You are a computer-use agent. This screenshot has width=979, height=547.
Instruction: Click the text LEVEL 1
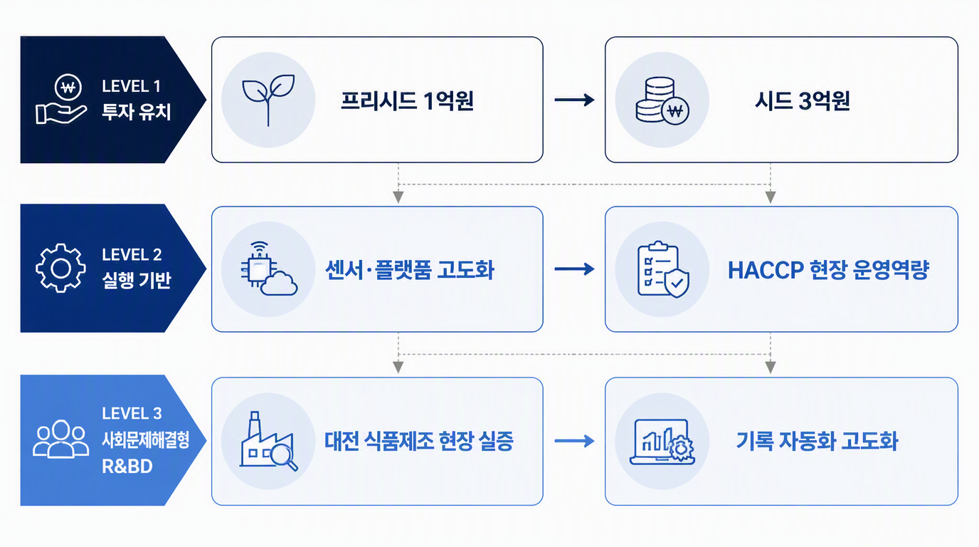131,86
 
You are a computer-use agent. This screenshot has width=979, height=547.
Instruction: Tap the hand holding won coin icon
61,99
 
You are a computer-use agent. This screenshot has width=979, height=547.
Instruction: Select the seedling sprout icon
268,100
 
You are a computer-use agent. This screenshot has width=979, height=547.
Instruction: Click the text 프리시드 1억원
408,100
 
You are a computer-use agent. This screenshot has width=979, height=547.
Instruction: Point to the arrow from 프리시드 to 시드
574,100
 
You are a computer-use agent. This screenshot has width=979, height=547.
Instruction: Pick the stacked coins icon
662,100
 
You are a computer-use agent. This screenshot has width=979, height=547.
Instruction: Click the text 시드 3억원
803,100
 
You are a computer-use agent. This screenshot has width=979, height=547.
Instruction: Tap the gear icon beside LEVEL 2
60,268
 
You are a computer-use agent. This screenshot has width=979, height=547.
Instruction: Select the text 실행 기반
137,280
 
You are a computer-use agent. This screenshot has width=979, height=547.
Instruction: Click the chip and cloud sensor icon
269,269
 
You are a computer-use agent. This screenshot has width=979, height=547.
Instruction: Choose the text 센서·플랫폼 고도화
410,269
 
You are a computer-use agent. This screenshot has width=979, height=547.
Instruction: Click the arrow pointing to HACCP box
574,269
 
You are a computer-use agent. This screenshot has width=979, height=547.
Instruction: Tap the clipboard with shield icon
663,269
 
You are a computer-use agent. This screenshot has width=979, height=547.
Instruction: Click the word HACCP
766,270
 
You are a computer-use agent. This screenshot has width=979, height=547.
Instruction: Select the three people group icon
60,439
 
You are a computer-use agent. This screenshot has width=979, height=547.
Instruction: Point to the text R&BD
127,467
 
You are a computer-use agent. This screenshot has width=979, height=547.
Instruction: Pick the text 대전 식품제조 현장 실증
418,441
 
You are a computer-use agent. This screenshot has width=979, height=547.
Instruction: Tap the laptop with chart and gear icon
662,441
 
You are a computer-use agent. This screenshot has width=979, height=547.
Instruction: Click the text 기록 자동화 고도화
817,441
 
